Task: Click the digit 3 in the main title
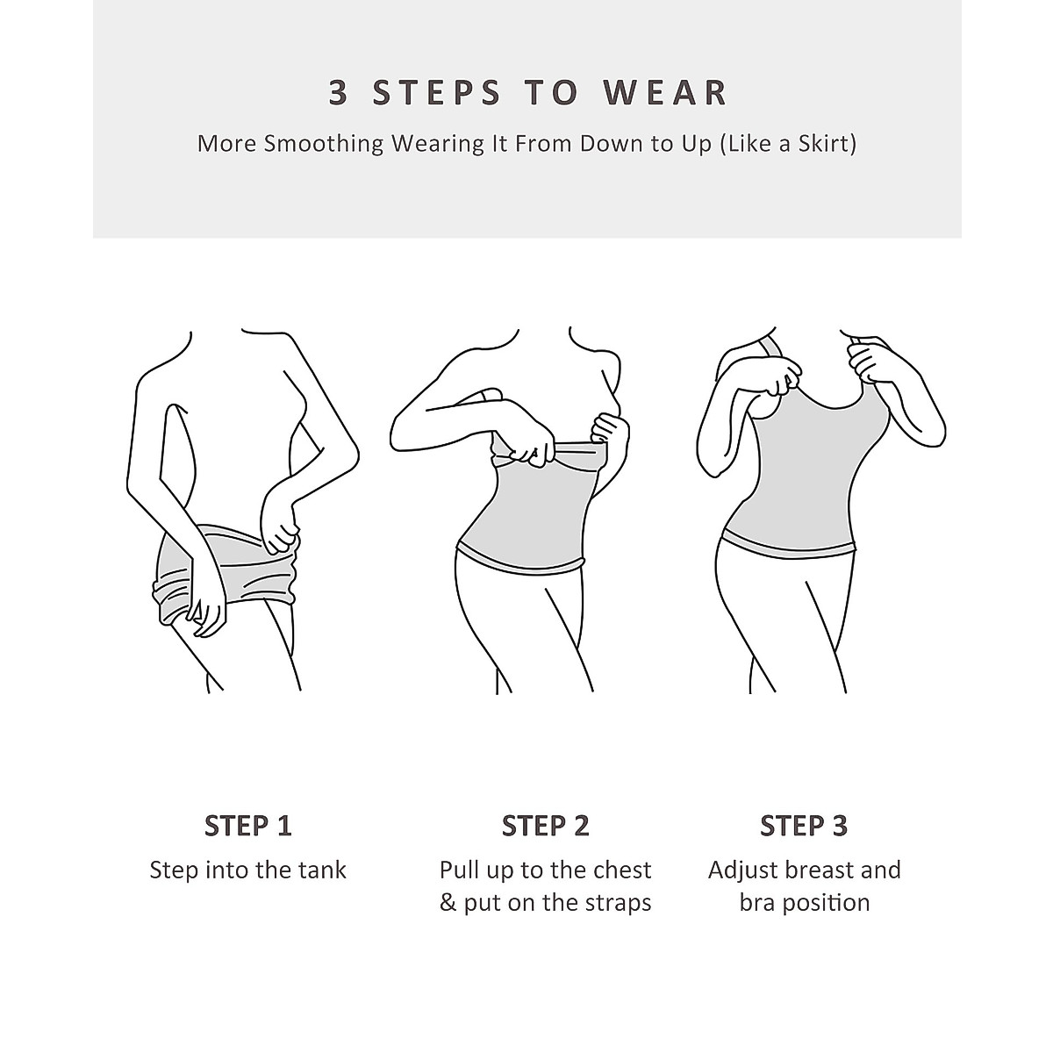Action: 339,93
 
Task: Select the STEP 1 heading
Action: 247,826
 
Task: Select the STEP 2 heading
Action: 545,826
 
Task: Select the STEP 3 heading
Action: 804,826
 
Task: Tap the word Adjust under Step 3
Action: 742,870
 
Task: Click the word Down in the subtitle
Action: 612,143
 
